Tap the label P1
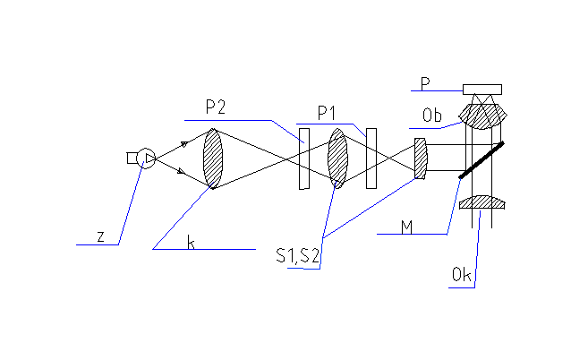(328, 113)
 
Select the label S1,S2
(298, 255)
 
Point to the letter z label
(101, 236)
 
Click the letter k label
(191, 242)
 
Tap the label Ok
(462, 275)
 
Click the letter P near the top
(426, 82)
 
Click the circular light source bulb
(147, 159)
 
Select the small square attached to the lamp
(132, 159)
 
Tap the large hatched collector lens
(212, 159)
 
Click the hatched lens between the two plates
(337, 159)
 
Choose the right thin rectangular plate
(371, 159)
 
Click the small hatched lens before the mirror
(421, 159)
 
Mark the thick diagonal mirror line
(481, 159)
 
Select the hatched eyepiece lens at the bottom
(482, 203)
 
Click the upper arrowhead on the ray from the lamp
(184, 143)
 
